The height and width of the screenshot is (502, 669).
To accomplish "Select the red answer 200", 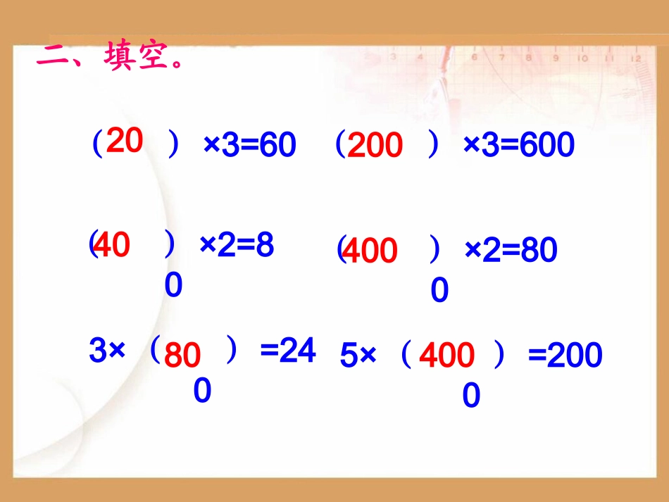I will coord(375,146).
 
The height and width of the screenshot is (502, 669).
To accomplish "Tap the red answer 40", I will coord(112,246).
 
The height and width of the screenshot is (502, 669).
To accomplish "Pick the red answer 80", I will coord(182,356).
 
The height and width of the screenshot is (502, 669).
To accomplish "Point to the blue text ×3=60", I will coord(249,146).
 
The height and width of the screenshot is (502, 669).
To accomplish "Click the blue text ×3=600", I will coord(519,146).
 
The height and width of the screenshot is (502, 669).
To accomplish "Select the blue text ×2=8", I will coord(237,246).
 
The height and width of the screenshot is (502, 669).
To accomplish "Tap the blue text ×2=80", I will coord(511,250).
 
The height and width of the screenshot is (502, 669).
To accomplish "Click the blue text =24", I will coord(288,351).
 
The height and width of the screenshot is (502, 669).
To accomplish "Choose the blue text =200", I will coord(565,356).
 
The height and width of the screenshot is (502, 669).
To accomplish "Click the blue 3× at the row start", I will coord(107,351).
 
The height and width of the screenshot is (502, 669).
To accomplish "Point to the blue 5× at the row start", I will coord(358,356).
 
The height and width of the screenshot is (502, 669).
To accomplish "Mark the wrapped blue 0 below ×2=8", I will coord(174,286).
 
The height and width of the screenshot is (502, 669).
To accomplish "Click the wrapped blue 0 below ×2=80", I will coord(439,291).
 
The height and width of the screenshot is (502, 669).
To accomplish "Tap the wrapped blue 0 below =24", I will coord(202,391).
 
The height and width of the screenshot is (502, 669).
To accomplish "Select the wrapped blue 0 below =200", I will coord(471,396).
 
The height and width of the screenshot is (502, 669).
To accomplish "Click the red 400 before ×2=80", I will coord(369,251).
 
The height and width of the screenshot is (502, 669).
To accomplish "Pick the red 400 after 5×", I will coord(446,356).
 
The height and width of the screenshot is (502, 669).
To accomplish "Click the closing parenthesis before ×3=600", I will coord(434,146).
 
